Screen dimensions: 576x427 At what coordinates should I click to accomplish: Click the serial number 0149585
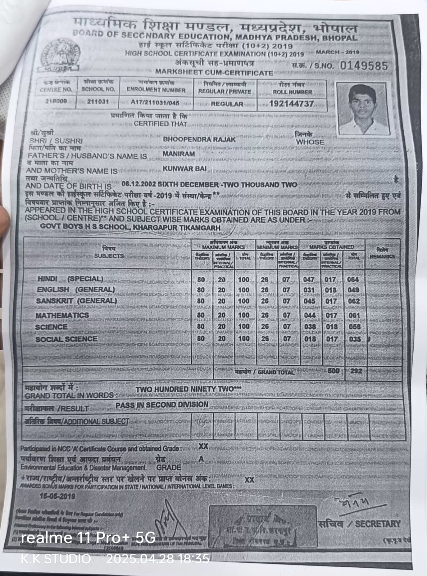364,66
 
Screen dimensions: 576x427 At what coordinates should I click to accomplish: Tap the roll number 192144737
291,104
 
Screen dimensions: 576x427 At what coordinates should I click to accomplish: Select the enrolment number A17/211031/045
155,103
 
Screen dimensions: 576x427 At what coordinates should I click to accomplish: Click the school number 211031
97,102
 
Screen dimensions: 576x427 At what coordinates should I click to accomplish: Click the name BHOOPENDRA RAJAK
199,140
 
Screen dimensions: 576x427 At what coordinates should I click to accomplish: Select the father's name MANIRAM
179,154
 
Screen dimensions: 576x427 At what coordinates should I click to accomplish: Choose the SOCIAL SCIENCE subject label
66,339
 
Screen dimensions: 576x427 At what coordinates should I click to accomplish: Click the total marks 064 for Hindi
353,280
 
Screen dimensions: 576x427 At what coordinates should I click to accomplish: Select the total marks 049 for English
353,290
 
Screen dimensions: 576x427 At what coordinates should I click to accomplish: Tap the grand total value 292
356,371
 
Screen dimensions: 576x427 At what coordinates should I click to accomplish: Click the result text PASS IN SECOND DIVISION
162,405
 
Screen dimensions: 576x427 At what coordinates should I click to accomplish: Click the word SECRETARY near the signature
377,524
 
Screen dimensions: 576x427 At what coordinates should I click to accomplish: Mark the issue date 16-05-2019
58,496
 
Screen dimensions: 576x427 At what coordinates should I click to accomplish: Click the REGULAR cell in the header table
227,104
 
